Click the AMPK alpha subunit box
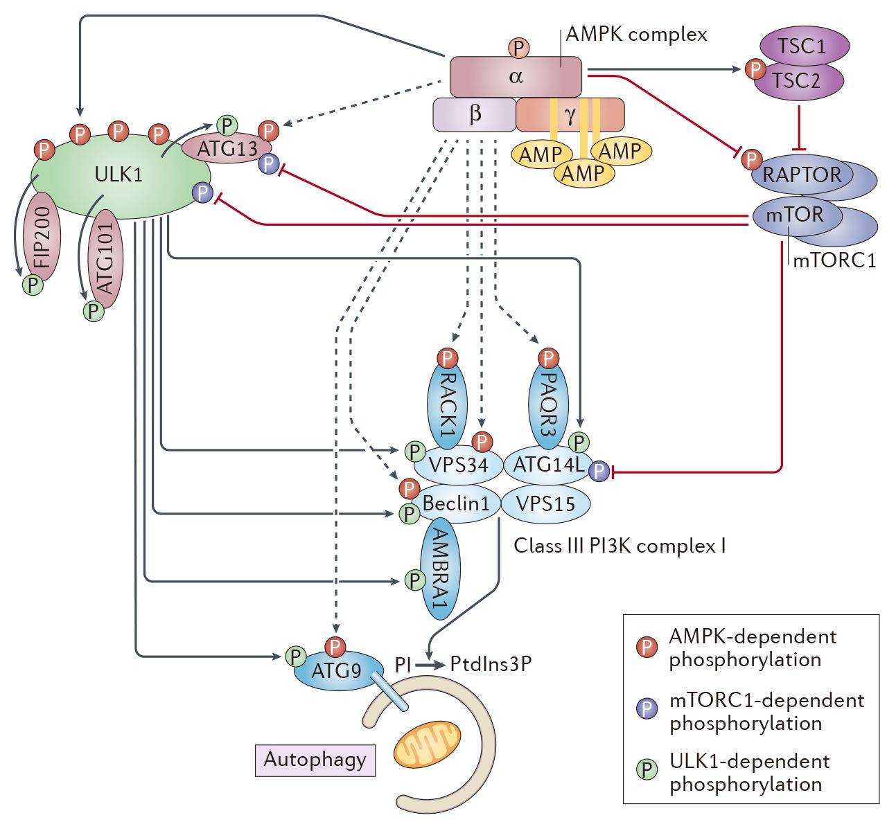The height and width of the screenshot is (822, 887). pos(516,77)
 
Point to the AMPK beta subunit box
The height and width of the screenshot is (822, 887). pos(474,114)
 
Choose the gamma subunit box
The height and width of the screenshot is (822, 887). pos(570,115)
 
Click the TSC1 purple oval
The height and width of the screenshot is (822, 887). pos(802,48)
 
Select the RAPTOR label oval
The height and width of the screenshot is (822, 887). pos(802,174)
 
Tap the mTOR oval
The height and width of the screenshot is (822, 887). pos(795,215)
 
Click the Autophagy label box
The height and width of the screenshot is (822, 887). pos(315,760)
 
